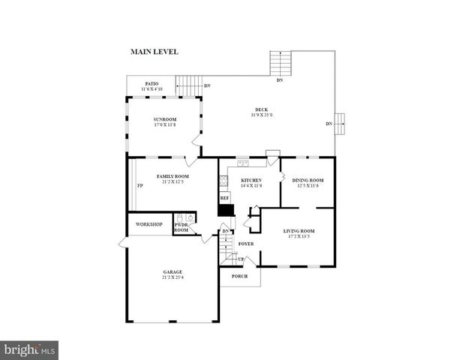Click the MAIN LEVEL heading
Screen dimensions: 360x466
pyautogui.click(x=155, y=52)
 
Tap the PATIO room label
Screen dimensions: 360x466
pyautogui.click(x=152, y=84)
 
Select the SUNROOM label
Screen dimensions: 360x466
pyautogui.click(x=165, y=120)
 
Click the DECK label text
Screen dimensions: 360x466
pyautogui.click(x=262, y=110)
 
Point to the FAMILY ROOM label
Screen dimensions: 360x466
pyautogui.click(x=171, y=176)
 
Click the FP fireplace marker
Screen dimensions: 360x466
pyautogui.click(x=140, y=187)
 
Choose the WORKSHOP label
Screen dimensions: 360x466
pyautogui.click(x=149, y=224)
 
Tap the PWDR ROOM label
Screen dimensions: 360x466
pyautogui.click(x=182, y=227)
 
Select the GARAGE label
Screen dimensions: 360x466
pyautogui.click(x=173, y=271)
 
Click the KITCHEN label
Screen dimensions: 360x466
pyautogui.click(x=251, y=181)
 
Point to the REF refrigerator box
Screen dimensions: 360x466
pyautogui.click(x=224, y=198)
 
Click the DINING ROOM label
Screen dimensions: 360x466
pyautogui.click(x=308, y=181)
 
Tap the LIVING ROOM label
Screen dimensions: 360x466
pyautogui.click(x=299, y=231)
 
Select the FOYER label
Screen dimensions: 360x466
pyautogui.click(x=245, y=244)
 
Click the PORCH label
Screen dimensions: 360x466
pyautogui.click(x=239, y=276)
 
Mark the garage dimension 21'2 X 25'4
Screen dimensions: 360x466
pyautogui.click(x=173, y=277)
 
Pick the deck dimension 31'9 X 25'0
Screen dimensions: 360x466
pyautogui.click(x=262, y=115)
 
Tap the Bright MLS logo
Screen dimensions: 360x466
pyautogui.click(x=29, y=349)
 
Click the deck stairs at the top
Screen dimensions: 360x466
pyautogui.click(x=280, y=63)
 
